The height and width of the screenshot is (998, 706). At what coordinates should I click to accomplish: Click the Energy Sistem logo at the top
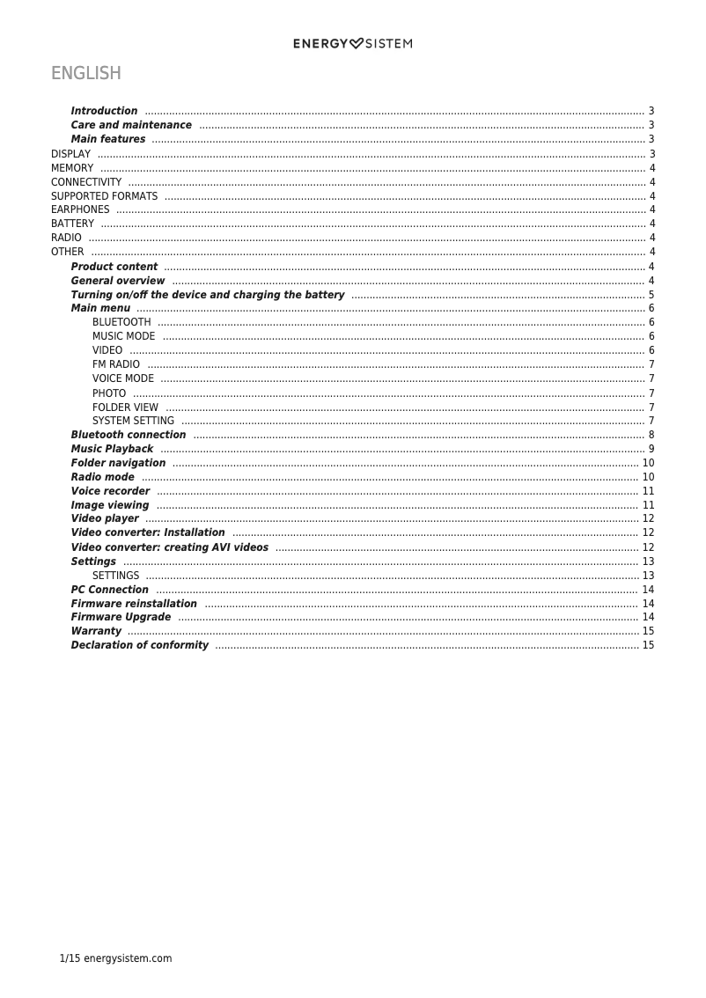tap(352, 44)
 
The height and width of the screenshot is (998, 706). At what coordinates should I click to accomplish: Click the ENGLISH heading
tap(85, 73)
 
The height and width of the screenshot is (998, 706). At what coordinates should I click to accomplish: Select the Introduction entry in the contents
tap(104, 111)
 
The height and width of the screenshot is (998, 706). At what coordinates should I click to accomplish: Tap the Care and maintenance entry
tap(131, 125)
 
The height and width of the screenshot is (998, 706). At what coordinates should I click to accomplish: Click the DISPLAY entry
tap(70, 154)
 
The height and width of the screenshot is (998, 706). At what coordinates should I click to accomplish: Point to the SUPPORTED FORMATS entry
tap(104, 196)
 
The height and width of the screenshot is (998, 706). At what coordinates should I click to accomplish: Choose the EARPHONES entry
tap(80, 209)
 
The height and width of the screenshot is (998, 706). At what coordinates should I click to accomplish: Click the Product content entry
tap(114, 267)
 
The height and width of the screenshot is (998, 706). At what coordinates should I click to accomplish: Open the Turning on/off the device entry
tap(208, 295)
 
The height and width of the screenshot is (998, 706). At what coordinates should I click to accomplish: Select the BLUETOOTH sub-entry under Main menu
tap(121, 322)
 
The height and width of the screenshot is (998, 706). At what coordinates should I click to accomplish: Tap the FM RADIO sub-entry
tap(116, 364)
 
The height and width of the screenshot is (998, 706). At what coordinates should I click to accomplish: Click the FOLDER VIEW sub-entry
tap(125, 407)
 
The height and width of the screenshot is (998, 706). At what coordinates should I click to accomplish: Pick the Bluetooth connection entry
tap(129, 435)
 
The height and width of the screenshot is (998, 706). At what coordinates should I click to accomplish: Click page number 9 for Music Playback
tap(651, 449)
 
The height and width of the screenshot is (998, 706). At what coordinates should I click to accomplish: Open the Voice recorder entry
tap(110, 491)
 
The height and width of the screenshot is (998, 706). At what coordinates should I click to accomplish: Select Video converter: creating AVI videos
tap(170, 547)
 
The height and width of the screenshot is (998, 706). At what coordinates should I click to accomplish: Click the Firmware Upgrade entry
tap(121, 617)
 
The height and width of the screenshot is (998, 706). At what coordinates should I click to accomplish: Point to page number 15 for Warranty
tap(648, 631)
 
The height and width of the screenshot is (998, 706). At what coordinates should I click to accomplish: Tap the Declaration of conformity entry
tap(140, 645)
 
